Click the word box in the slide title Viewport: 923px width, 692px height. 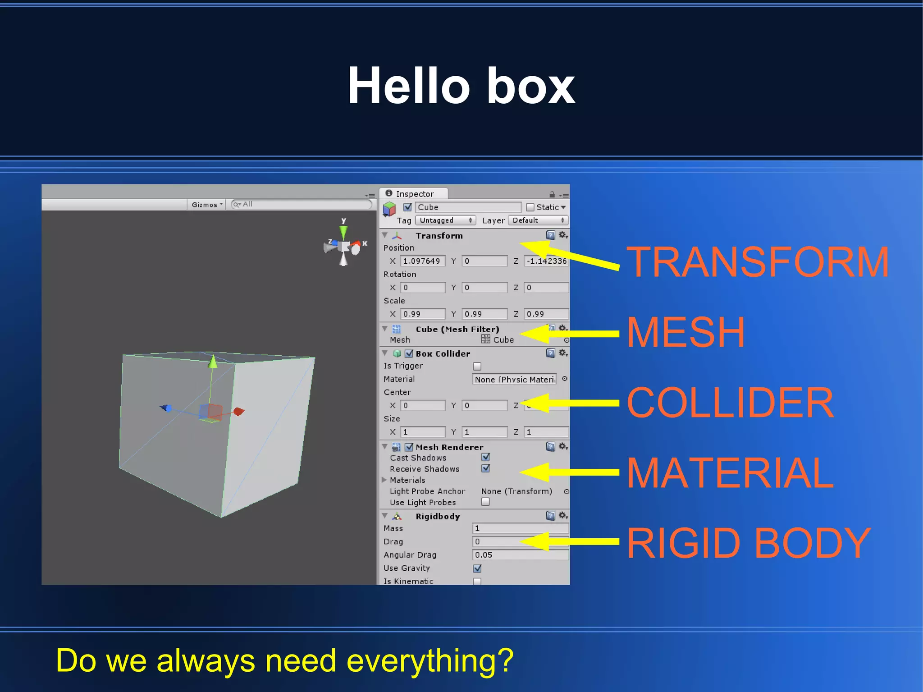pyautogui.click(x=531, y=86)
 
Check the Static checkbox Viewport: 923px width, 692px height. pyautogui.click(x=530, y=207)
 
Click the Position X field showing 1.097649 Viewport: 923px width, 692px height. pyautogui.click(x=422, y=261)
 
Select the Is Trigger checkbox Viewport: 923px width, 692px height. pyautogui.click(x=477, y=366)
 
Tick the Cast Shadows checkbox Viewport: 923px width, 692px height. pyautogui.click(x=485, y=457)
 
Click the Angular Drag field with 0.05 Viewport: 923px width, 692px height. pyautogui.click(x=520, y=555)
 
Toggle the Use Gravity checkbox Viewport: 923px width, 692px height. pyautogui.click(x=477, y=568)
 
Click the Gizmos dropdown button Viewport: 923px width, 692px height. pyautogui.click(x=207, y=205)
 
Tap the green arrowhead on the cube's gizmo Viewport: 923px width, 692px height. pyautogui.click(x=213, y=362)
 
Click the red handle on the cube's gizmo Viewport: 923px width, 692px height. pyautogui.click(x=239, y=411)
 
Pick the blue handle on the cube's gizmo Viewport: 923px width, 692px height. pyautogui.click(x=166, y=408)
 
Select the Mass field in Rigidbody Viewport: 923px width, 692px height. pyautogui.click(x=520, y=528)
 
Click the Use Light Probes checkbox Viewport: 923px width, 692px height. pyautogui.click(x=485, y=502)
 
